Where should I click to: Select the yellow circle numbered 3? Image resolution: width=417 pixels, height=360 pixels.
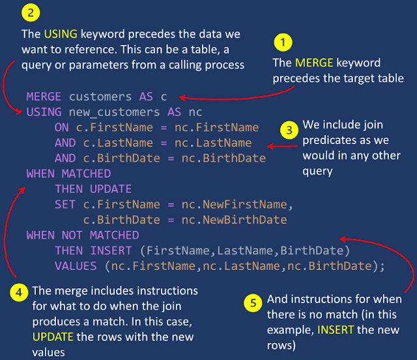click(x=289, y=129)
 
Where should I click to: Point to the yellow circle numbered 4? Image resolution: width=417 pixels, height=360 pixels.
click(x=20, y=290)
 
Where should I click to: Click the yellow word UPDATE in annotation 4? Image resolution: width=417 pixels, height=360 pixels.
click(x=54, y=337)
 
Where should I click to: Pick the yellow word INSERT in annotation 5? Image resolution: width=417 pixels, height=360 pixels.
click(x=336, y=329)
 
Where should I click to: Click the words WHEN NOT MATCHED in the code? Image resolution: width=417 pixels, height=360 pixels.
click(x=83, y=235)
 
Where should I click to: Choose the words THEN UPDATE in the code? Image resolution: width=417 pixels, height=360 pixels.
click(x=93, y=189)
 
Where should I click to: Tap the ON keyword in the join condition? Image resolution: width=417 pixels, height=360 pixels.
click(x=61, y=127)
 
